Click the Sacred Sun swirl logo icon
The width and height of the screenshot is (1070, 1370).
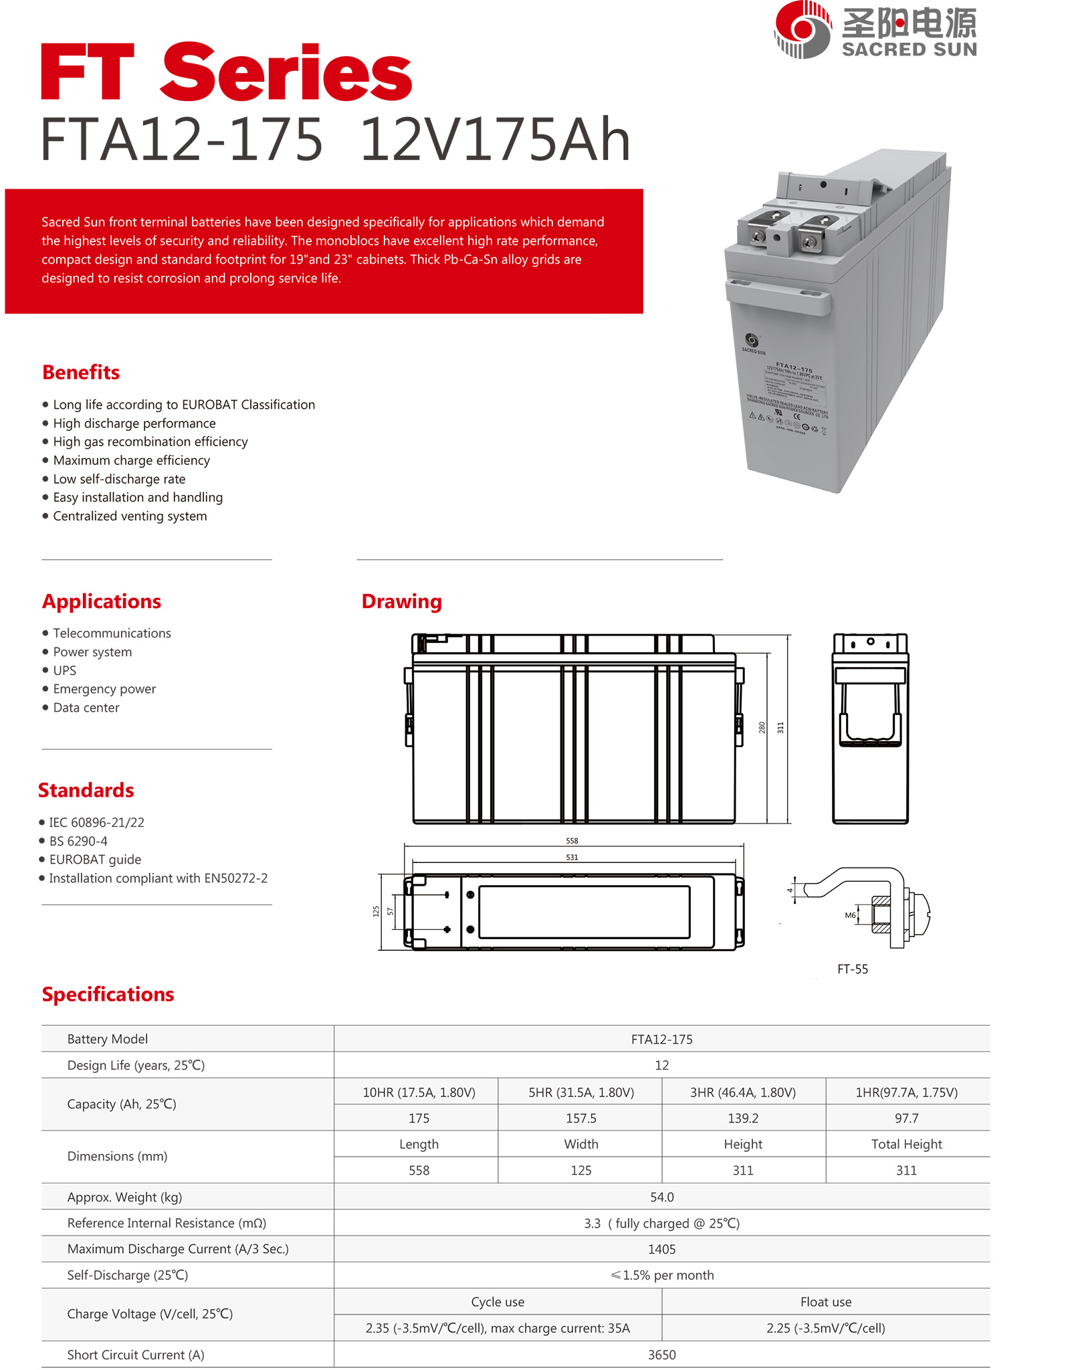pos(802,29)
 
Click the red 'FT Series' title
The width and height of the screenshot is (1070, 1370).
pos(226,72)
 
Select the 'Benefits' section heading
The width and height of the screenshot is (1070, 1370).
pos(81,373)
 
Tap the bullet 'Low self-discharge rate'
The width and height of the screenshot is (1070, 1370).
pos(119,479)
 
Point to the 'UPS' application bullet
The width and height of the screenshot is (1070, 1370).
pos(64,670)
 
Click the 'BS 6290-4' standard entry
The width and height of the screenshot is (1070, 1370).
pos(78,841)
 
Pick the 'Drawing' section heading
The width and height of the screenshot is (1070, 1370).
pos(401,601)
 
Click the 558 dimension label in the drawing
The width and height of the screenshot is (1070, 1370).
pos(572,841)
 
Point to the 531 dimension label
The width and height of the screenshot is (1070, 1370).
pos(572,857)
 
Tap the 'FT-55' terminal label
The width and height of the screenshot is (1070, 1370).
pos(853,969)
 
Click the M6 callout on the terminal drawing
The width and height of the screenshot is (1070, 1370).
pos(850,915)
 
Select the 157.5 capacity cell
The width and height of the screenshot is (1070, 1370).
pos(581,1118)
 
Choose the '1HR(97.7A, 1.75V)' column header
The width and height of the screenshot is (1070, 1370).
pos(907,1092)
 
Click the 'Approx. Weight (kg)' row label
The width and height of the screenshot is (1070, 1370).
pos(124,1197)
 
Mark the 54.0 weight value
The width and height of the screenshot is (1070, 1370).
pos(661,1197)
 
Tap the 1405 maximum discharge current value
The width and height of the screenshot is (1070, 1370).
pos(661,1249)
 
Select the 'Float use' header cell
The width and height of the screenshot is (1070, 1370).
pos(826,1302)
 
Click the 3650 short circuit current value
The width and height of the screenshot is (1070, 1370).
pos(661,1355)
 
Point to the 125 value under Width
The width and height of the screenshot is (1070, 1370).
pos(581,1171)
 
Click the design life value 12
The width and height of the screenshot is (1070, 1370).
pos(661,1065)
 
